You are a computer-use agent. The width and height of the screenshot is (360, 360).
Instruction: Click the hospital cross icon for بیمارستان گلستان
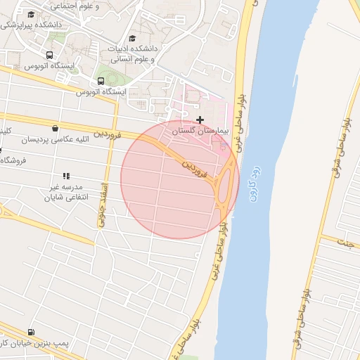pyautogui.click(x=200, y=120)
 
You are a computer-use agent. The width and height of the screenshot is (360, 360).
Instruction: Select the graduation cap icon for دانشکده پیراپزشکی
pyautogui.click(x=30, y=15)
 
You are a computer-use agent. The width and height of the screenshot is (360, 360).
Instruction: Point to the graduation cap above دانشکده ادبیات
pyautogui.click(x=132, y=39)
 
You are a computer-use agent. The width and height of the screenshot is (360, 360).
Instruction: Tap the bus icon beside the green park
pyautogui.click(x=101, y=81)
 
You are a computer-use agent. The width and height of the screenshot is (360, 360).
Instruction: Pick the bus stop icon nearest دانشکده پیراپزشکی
pyautogui.click(x=49, y=55)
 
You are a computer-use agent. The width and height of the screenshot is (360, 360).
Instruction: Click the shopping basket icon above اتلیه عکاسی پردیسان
pyautogui.click(x=56, y=128)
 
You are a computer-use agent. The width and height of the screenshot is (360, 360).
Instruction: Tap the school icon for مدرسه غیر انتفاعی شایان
pyautogui.click(x=66, y=176)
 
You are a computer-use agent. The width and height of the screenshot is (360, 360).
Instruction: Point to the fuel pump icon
pyautogui.click(x=30, y=332)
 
